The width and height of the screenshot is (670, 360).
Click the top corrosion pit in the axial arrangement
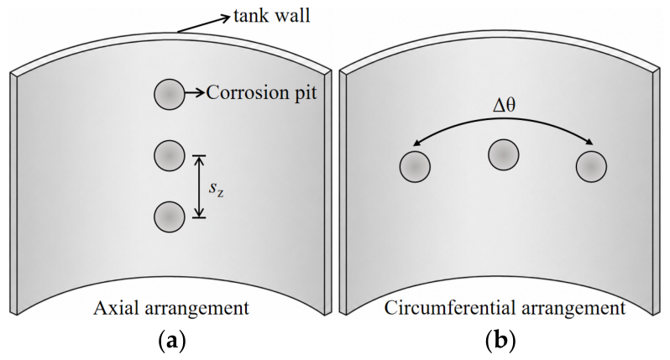click(x=170, y=94)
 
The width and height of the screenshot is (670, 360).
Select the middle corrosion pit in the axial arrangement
click(x=170, y=155)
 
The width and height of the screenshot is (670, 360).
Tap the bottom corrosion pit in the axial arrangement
click(x=170, y=217)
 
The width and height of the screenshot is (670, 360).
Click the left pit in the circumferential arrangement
click(x=415, y=166)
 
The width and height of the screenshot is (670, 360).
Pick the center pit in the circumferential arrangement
click(x=504, y=154)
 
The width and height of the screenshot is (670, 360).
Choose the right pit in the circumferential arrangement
click(x=591, y=166)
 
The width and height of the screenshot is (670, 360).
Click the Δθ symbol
click(x=504, y=105)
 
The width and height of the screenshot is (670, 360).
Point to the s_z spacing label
click(x=217, y=188)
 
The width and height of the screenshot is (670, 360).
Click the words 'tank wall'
click(x=272, y=16)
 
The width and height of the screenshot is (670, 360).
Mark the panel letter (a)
click(x=172, y=342)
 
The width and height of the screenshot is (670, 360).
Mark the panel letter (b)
click(x=500, y=342)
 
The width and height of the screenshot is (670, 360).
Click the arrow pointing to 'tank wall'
click(x=204, y=23)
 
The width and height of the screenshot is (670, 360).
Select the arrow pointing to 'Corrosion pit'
click(x=195, y=92)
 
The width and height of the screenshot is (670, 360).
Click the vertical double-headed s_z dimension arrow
click(x=199, y=186)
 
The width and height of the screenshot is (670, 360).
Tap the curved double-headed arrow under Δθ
click(x=504, y=121)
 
